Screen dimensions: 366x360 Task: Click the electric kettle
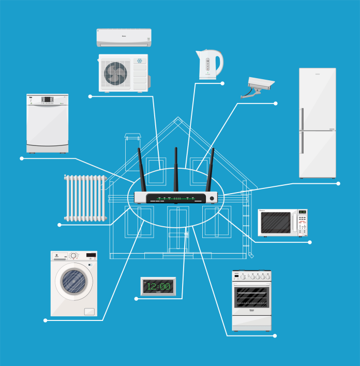[208, 65]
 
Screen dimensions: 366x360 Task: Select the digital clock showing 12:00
[158, 286]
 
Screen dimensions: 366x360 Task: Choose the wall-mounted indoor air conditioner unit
[124, 37]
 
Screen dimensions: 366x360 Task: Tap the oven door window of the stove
[251, 298]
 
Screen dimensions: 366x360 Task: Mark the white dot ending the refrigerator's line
[338, 183]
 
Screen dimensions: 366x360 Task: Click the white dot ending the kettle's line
[222, 83]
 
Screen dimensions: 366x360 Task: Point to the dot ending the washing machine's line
[46, 320]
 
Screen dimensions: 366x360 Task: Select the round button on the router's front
[212, 198]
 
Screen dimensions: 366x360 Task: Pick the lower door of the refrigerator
[317, 154]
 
